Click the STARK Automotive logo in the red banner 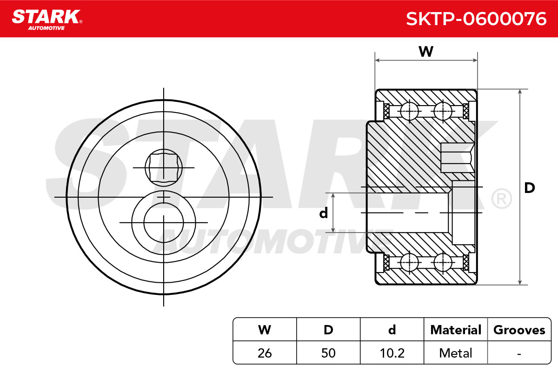click(47, 20)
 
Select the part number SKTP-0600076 click(476, 19)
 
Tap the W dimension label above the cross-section click(426, 52)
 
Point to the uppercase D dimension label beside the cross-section click(529, 188)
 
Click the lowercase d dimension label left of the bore click(323, 213)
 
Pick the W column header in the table click(265, 330)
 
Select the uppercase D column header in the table click(328, 330)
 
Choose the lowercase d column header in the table click(392, 330)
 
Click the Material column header click(456, 330)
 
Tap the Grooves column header click(519, 330)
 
